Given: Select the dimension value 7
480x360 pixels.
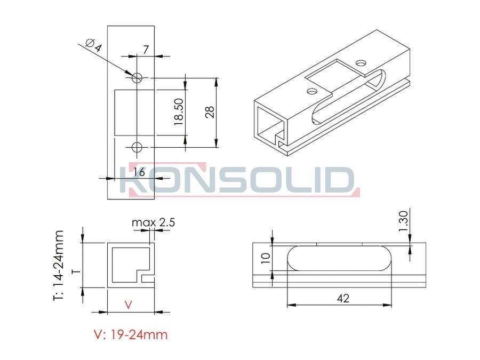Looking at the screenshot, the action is [146, 50].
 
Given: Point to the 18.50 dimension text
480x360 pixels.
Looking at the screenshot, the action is [179, 111].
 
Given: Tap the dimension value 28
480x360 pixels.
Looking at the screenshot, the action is [210, 113].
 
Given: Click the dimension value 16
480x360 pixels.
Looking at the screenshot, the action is [139, 172].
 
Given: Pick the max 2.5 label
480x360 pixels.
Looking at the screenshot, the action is [153, 222].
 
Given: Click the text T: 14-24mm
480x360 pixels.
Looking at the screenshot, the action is [58, 266].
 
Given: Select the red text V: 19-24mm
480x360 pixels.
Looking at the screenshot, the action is [131, 334].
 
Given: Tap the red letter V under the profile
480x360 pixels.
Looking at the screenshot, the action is [129, 305].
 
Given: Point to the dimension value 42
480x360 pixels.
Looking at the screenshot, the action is [343, 298].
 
